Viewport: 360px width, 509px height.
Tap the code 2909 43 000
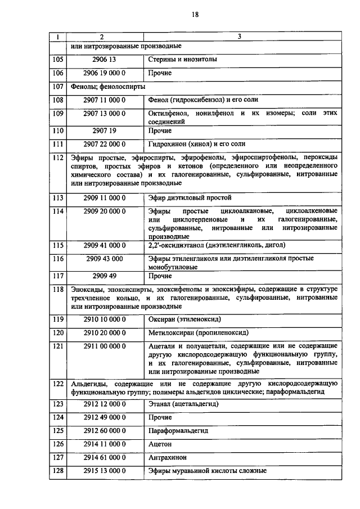pos(105,259)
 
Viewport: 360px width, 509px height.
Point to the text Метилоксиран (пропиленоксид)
pos(198,333)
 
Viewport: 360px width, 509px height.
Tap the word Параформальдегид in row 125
pos(178,430)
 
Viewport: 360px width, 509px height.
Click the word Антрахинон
pos(168,457)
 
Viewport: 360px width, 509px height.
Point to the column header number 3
pos(240,37)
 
